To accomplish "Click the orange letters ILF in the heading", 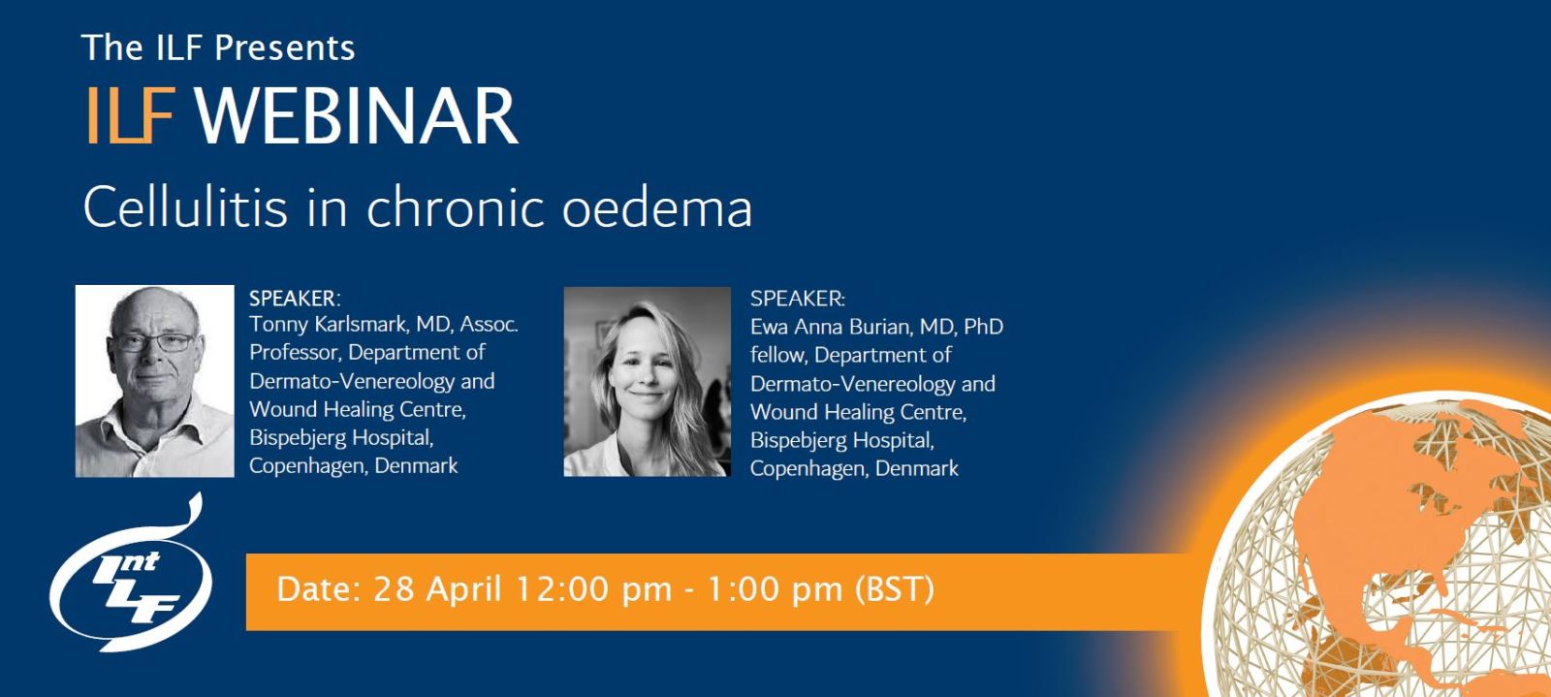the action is [130, 115].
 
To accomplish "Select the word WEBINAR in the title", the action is [357, 115].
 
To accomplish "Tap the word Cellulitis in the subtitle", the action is [185, 206].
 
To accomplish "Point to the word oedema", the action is [657, 206].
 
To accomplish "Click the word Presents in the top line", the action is [285, 48].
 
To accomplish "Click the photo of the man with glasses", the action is [154, 381].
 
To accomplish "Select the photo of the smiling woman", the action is [647, 381].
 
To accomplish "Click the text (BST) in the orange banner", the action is [894, 589].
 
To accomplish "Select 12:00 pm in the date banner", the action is [593, 589].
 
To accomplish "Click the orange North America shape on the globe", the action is [1406, 498].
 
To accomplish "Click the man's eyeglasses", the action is [154, 342].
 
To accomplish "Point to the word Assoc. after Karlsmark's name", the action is [489, 324].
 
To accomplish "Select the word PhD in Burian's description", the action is [984, 327].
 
